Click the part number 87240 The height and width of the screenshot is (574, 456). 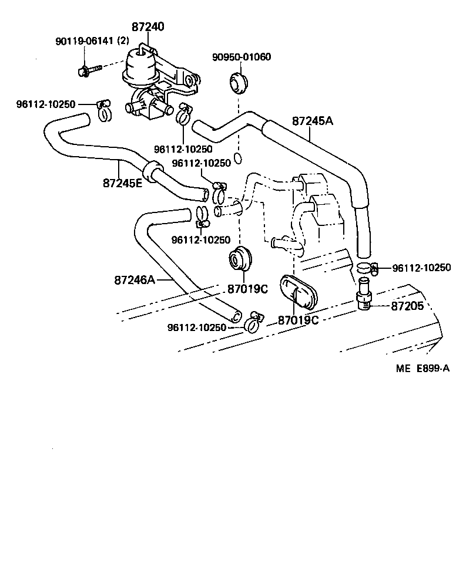pos(147,27)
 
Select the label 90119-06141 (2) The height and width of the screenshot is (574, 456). pos(92,41)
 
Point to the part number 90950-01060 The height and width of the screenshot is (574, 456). pos(242,57)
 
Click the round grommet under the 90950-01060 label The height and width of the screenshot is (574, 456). pos(238,83)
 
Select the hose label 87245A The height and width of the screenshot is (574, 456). pos(312,121)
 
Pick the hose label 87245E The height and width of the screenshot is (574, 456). pos(122,183)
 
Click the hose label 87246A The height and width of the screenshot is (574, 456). pos(135,280)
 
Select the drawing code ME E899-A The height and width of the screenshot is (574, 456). pos(422,369)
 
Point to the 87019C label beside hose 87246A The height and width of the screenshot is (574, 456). pos(247,289)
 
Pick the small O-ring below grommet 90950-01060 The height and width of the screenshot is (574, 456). pos(238,157)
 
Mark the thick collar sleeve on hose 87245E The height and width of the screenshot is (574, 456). pos(153,170)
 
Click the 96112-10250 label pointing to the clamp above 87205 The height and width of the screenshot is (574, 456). pos(421,268)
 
